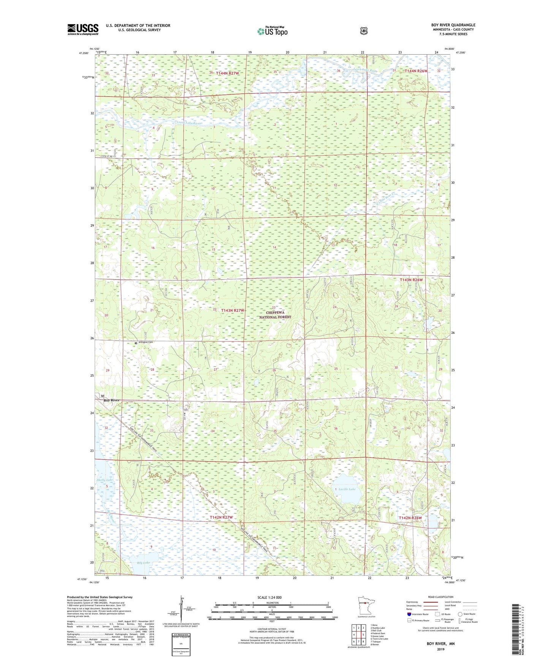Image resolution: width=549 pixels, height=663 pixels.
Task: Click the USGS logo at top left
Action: click(x=83, y=29)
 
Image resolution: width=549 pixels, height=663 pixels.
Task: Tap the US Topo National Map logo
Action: click(x=272, y=31)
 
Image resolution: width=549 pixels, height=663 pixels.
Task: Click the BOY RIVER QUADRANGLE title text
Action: click(x=451, y=25)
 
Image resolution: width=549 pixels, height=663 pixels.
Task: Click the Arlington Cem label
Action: click(x=146, y=343)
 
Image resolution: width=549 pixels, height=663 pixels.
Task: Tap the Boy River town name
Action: click(x=111, y=400)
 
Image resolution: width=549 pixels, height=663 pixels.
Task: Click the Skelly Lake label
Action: click(x=104, y=480)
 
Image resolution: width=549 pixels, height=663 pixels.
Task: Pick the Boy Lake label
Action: click(x=144, y=562)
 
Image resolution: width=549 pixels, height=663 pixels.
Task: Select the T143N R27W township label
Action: click(x=233, y=310)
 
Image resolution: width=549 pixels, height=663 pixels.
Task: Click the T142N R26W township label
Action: click(x=410, y=518)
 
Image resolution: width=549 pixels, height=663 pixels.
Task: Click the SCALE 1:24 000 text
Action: click(x=269, y=597)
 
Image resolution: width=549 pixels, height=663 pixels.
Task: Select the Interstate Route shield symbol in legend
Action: click(x=409, y=614)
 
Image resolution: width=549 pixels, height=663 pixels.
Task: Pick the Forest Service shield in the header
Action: click(x=364, y=30)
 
